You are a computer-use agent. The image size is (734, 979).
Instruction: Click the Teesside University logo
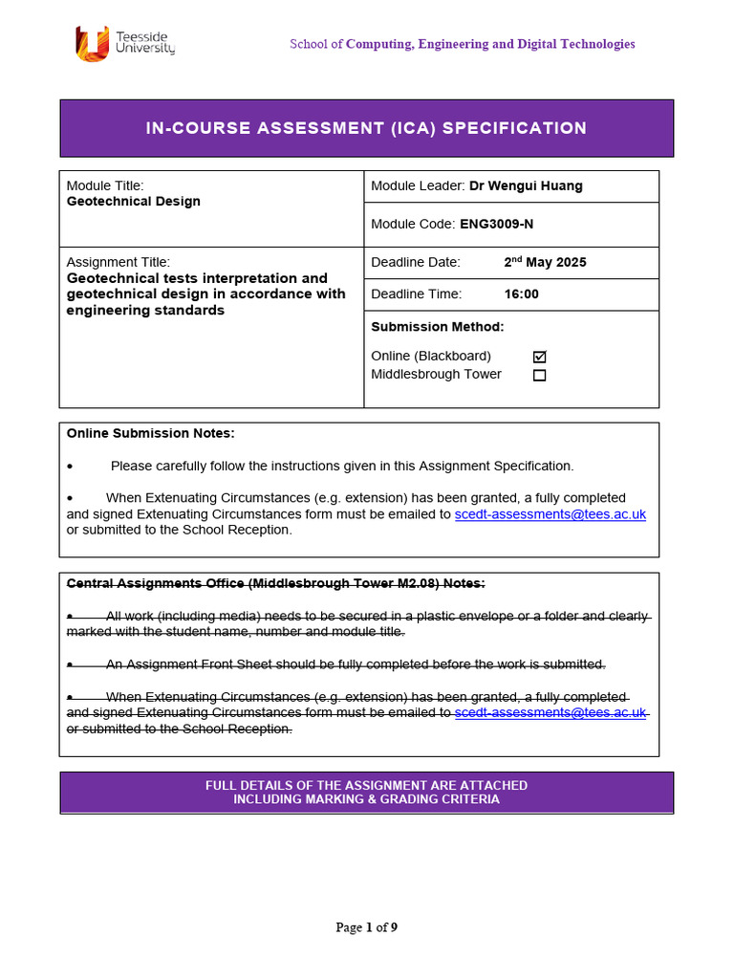tap(124, 42)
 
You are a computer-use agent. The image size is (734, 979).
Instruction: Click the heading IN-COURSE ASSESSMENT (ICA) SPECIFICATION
tap(366, 128)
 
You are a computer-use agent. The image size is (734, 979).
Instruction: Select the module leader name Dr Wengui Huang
tap(526, 186)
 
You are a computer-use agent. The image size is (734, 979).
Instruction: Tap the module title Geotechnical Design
tap(133, 202)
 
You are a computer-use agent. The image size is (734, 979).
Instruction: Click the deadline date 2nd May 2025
tap(545, 262)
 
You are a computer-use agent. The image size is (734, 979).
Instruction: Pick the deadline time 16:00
tap(521, 294)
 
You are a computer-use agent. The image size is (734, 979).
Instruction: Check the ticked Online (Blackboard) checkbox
tap(539, 357)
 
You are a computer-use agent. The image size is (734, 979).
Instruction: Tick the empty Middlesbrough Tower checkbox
tap(539, 375)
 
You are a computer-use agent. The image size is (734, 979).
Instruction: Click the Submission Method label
tap(437, 327)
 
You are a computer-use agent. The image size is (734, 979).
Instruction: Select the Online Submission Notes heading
tap(150, 433)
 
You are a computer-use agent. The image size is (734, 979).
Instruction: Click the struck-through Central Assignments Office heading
tap(275, 583)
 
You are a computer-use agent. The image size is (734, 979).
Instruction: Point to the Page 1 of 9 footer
tap(366, 927)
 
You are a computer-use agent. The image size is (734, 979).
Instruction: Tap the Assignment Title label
tap(118, 262)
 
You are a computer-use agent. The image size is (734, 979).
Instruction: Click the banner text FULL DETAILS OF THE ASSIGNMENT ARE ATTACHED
tap(366, 786)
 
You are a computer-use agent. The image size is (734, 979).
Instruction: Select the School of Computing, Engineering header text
tap(463, 44)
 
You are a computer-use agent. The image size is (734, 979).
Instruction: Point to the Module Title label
tap(104, 186)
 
